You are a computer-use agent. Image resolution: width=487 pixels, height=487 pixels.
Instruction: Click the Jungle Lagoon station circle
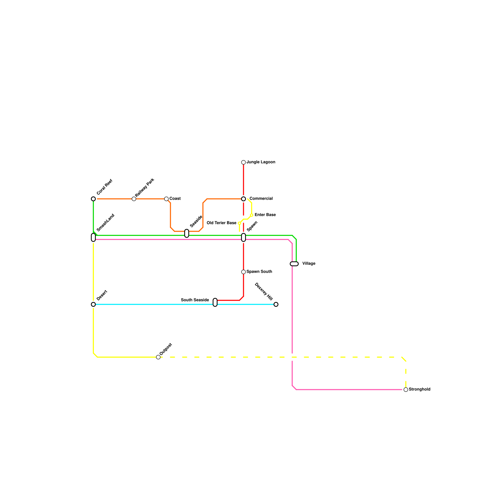pyautogui.click(x=243, y=163)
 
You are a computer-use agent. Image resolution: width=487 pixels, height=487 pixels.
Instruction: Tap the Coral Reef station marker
pyautogui.click(x=93, y=199)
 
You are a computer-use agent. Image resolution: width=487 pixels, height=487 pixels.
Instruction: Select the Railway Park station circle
pyautogui.click(x=134, y=199)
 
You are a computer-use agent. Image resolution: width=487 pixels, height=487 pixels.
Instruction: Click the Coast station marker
pyautogui.click(x=166, y=199)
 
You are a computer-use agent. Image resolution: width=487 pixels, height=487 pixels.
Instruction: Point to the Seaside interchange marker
pyautogui.click(x=187, y=233)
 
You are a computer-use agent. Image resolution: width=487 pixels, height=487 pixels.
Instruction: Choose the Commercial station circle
pyautogui.click(x=243, y=199)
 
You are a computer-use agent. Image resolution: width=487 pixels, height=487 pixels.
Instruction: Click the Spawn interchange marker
pyautogui.click(x=243, y=237)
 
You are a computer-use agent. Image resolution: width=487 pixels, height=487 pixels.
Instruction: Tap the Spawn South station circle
pyautogui.click(x=243, y=272)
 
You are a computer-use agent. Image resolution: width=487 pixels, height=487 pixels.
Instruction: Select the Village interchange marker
pyautogui.click(x=294, y=264)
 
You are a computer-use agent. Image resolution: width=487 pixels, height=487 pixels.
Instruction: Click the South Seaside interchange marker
pyautogui.click(x=215, y=303)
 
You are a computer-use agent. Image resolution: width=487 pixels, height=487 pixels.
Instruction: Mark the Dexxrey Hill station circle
pyautogui.click(x=276, y=304)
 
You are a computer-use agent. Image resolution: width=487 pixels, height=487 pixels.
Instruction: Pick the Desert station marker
pyautogui.click(x=93, y=304)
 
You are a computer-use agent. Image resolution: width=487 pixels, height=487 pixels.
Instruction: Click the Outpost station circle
pyautogui.click(x=158, y=357)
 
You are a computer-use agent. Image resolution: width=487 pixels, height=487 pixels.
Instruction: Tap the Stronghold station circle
pyautogui.click(x=406, y=390)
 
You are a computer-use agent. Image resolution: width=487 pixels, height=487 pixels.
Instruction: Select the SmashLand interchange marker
pyautogui.click(x=93, y=237)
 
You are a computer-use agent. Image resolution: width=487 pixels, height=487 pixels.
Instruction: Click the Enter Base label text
pyautogui.click(x=265, y=215)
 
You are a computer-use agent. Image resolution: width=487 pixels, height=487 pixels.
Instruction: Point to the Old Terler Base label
pyautogui.click(x=221, y=223)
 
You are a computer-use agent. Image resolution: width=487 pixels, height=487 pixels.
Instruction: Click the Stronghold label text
pyautogui.click(x=419, y=390)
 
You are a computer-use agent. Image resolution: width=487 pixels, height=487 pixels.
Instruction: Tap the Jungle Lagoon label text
pyautogui.click(x=261, y=162)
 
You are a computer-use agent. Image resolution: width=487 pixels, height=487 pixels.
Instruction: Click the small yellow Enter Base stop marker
pyautogui.click(x=251, y=215)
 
